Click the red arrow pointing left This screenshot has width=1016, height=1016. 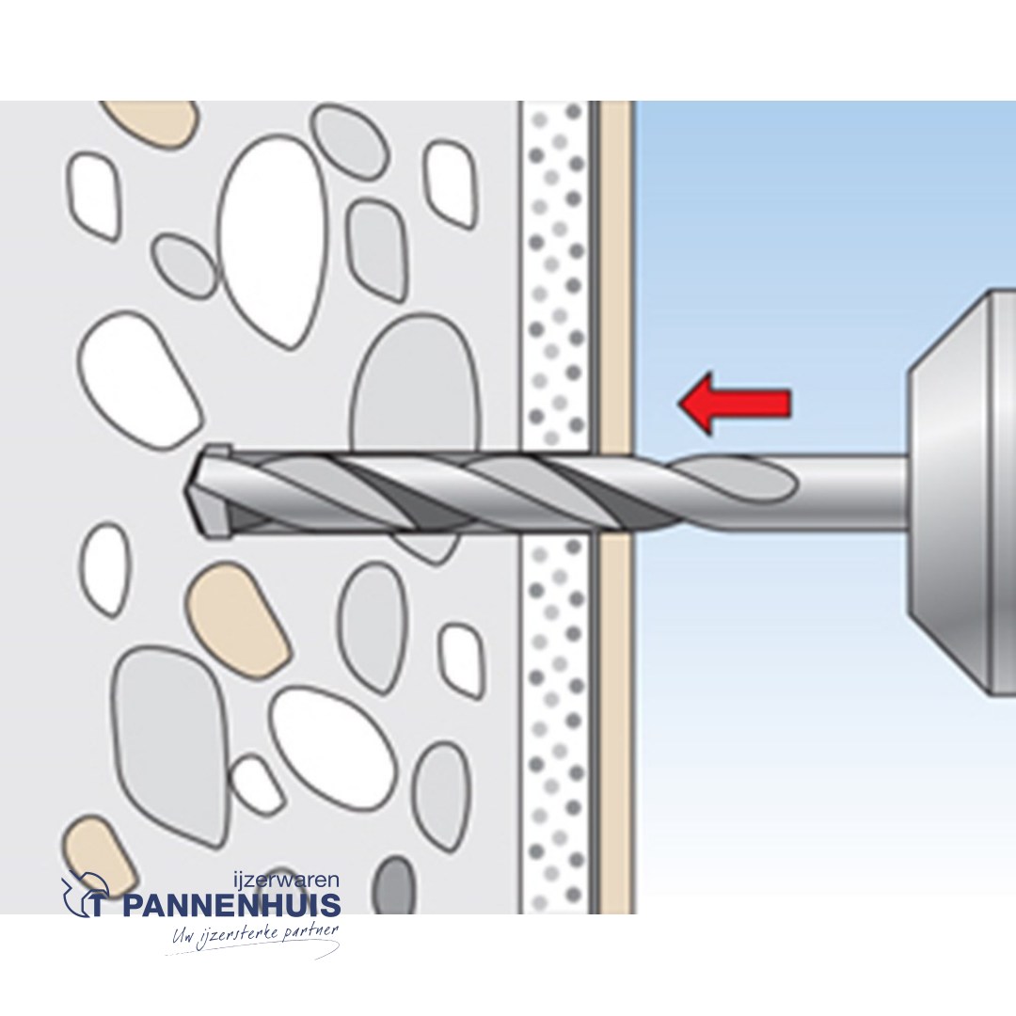point(734,403)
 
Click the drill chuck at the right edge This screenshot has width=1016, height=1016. point(962,493)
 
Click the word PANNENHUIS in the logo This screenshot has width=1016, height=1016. point(230,905)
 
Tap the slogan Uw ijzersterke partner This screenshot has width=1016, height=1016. point(255,936)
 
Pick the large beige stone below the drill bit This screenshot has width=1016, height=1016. point(238,615)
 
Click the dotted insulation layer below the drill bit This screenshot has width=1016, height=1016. point(555,725)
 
